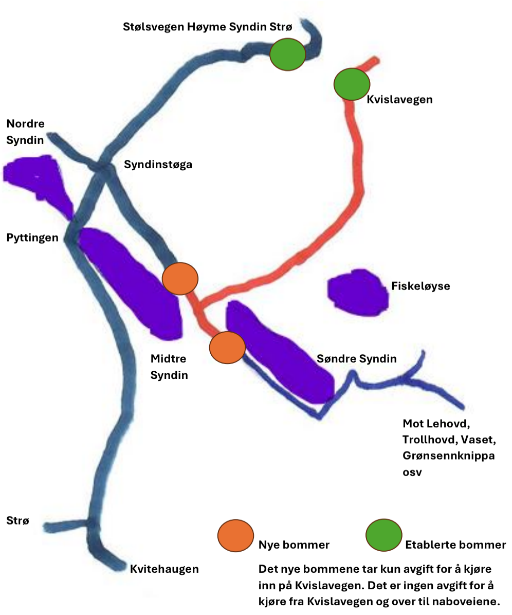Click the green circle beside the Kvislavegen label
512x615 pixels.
(352, 83)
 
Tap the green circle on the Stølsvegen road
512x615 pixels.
(288, 55)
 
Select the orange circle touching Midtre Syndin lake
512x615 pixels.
(180, 278)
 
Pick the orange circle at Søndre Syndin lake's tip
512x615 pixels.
(227, 347)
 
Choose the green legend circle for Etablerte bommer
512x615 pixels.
(384, 535)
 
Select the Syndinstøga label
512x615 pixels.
(158, 165)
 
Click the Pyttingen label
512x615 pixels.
(32, 238)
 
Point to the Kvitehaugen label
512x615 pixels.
(164, 569)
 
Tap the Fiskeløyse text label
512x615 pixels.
(420, 286)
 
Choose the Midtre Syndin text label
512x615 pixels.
(169, 367)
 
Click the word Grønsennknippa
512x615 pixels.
(448, 457)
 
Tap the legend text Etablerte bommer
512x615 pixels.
(455, 545)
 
